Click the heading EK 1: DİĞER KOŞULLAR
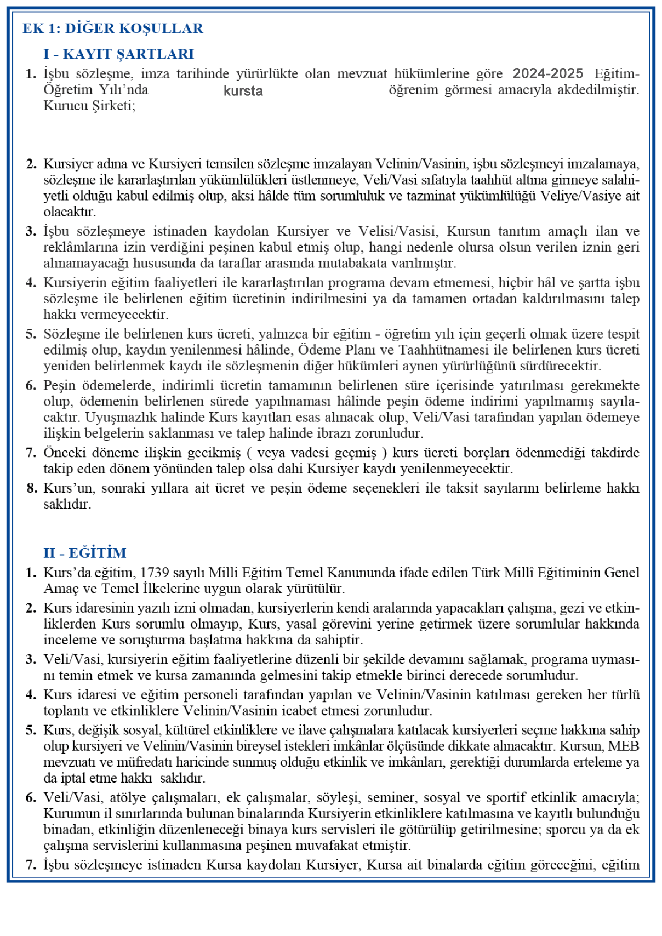(113, 28)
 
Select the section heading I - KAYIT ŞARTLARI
(119, 54)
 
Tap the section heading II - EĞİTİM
(85, 552)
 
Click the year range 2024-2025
(547, 73)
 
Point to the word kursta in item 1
(243, 92)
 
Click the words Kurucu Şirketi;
(89, 106)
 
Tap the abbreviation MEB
(624, 746)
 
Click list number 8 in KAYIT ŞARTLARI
(31, 488)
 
